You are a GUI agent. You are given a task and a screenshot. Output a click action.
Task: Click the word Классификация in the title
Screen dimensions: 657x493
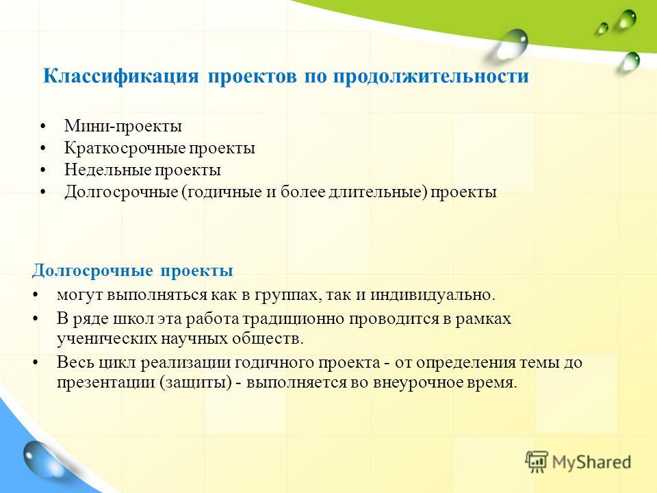pos(120,77)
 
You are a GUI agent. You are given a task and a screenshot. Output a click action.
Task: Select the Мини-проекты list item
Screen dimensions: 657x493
pos(123,126)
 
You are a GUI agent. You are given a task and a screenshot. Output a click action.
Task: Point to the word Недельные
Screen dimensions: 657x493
pos(107,170)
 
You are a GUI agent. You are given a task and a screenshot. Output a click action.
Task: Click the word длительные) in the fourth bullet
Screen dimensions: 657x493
pos(378,192)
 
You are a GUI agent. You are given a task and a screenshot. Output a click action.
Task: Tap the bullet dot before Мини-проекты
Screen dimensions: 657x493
pos(43,126)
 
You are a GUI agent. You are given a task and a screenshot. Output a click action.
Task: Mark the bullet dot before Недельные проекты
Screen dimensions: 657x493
pos(43,170)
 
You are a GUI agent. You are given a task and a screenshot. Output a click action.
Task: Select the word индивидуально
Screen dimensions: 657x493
pos(433,294)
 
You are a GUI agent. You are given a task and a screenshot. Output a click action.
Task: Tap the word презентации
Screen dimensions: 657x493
pos(106,383)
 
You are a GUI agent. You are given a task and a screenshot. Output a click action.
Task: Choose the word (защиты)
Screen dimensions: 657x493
pos(195,383)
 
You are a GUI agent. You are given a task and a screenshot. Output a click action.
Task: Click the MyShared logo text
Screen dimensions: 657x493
pos(591,462)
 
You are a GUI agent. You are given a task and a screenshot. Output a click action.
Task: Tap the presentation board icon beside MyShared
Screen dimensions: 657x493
pos(537,462)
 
